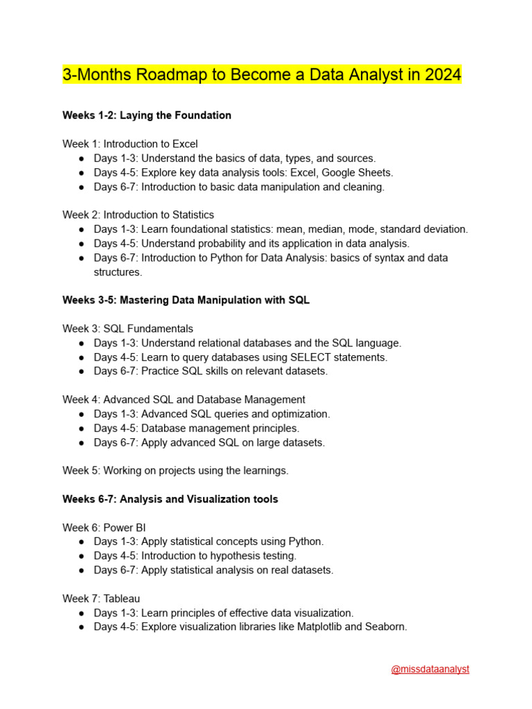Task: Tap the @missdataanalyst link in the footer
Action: pyautogui.click(x=430, y=670)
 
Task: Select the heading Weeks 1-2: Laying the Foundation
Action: pyautogui.click(x=147, y=116)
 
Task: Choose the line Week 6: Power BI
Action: pyautogui.click(x=104, y=528)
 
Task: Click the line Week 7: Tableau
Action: pyautogui.click(x=102, y=598)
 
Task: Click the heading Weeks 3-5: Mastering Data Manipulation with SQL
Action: pyautogui.click(x=186, y=300)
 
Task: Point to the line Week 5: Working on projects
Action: pyautogui.click(x=175, y=471)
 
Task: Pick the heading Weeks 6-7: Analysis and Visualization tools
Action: pyautogui.click(x=170, y=499)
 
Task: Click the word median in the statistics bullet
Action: pyautogui.click(x=334, y=229)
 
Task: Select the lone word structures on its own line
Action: pyautogui.click(x=118, y=272)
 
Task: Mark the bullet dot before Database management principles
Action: pyautogui.click(x=82, y=429)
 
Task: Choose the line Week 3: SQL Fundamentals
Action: pyautogui.click(x=128, y=329)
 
